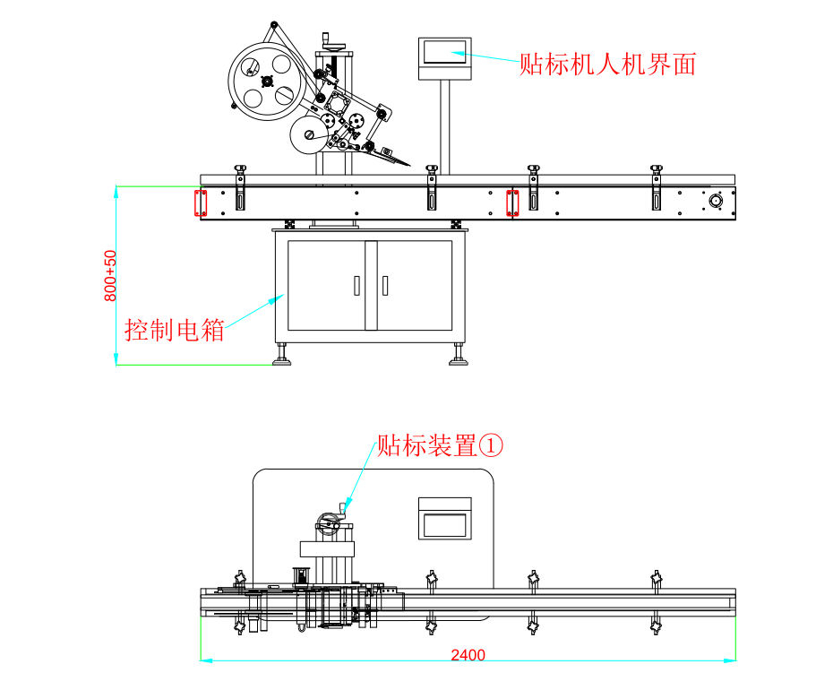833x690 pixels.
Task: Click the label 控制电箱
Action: [175, 330]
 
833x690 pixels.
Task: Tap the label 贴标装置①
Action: [440, 444]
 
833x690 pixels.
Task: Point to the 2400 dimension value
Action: [468, 655]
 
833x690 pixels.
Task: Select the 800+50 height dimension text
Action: [110, 275]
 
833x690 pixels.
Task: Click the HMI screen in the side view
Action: [445, 53]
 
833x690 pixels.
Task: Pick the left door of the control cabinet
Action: [326, 285]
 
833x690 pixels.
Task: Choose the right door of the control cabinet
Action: [415, 285]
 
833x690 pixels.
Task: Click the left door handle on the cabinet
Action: [356, 285]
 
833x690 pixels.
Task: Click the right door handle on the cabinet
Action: [385, 285]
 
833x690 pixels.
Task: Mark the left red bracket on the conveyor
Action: [202, 203]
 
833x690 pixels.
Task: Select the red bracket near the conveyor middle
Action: [513, 203]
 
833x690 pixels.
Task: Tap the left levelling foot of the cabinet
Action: [282, 358]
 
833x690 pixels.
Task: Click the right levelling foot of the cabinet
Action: [459, 358]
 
